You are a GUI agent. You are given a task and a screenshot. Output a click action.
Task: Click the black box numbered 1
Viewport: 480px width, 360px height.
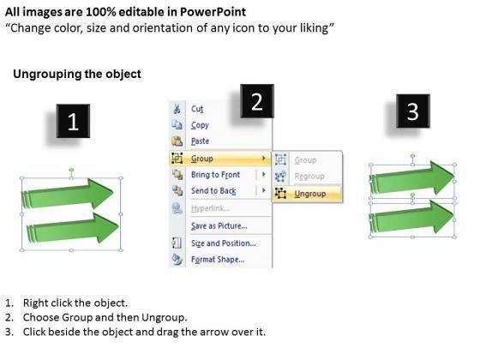coord(73,121)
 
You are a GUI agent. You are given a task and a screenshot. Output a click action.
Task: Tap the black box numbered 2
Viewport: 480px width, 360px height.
coord(257,101)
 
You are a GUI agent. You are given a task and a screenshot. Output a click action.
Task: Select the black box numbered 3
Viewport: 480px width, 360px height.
coord(413,111)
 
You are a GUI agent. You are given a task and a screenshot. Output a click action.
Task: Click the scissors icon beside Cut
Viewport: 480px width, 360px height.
coord(177,109)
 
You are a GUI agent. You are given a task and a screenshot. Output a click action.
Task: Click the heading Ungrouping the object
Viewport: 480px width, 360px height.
coord(77,74)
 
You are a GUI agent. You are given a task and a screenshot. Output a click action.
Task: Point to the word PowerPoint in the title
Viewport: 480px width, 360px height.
coord(213,12)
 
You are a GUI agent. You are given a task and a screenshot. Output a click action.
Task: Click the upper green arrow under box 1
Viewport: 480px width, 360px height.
coord(68,194)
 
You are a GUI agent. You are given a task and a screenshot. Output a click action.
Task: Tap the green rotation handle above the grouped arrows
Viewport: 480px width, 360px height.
coord(71,170)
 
